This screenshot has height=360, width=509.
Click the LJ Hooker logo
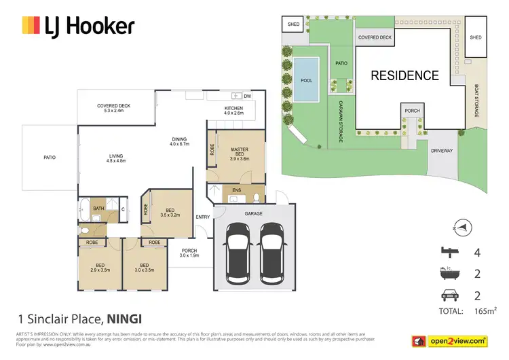click(79, 26)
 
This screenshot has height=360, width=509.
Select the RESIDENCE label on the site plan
click(404, 75)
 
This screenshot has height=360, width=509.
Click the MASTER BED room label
click(240, 154)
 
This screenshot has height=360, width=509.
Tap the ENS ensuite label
click(236, 191)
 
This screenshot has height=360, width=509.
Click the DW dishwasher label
click(247, 96)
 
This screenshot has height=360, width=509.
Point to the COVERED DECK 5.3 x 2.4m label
click(113, 109)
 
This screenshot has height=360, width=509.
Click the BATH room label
click(98, 209)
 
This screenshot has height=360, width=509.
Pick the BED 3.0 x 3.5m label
click(145, 267)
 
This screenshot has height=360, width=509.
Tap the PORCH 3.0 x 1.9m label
click(189, 253)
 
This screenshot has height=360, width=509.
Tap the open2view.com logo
click(455, 340)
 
